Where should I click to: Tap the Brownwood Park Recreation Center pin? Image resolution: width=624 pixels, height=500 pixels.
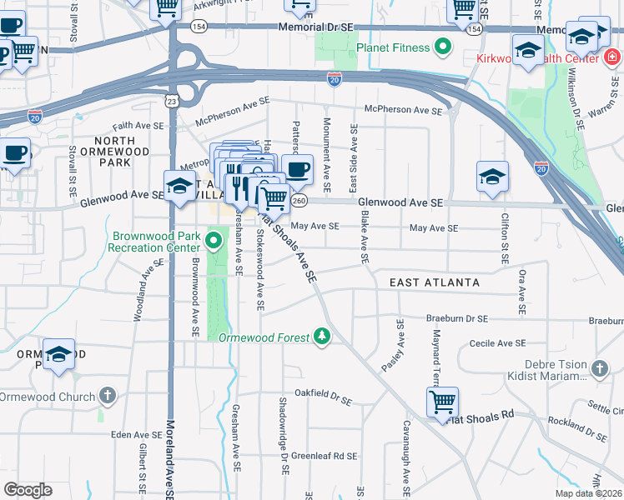pos(214,242)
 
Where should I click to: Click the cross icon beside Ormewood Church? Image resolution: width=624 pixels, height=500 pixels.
pos(107,396)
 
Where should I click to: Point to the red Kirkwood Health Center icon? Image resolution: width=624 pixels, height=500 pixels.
pos(611,57)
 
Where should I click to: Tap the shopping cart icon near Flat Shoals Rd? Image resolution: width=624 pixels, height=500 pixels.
pos(442,402)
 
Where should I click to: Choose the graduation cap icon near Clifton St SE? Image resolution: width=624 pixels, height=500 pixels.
pos(492,177)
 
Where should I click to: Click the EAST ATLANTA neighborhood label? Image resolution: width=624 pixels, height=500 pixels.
pos(435,282)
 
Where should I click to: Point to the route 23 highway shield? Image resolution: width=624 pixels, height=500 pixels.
pos(171,101)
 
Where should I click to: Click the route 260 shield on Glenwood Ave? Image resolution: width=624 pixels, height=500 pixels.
pos(300,201)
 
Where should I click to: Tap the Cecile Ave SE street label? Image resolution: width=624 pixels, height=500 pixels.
pos(498,343)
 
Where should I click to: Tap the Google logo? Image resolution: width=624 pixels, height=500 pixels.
pos(28,490)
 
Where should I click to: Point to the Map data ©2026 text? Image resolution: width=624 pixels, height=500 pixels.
pos(588,493)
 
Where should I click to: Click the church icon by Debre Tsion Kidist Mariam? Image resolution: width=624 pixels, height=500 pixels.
pos(599,368)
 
